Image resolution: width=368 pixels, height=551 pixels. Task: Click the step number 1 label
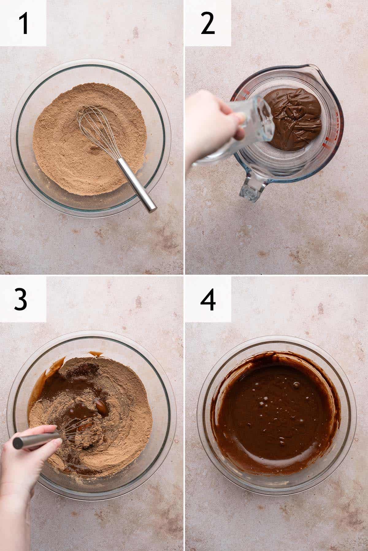point(24,24)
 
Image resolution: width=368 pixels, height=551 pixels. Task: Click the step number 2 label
point(208,24)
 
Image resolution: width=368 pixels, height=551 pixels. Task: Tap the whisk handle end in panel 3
point(17,442)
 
